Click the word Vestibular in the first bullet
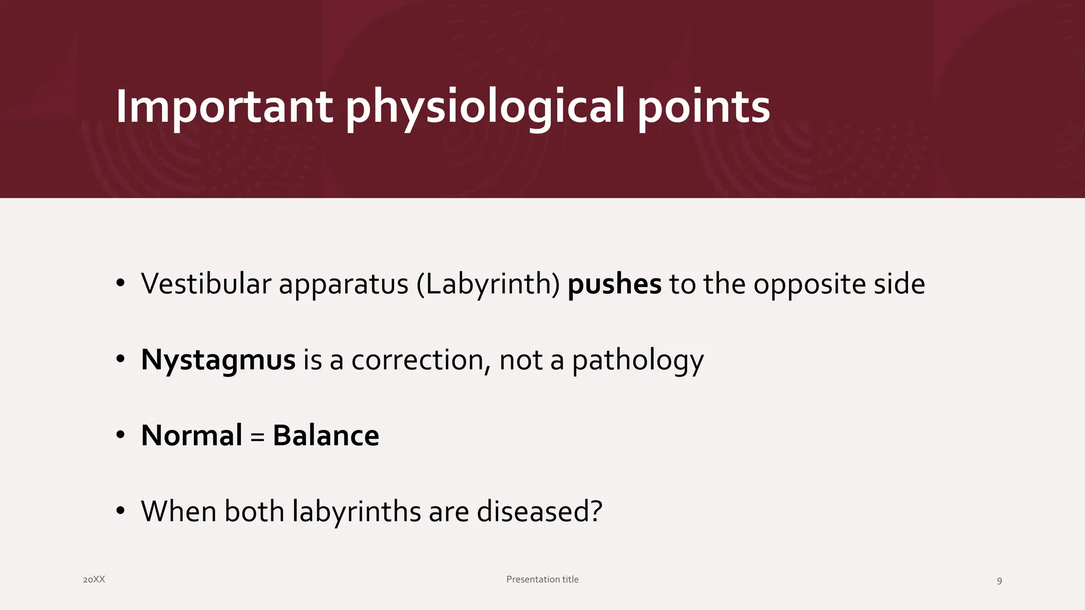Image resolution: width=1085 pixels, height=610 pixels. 206,284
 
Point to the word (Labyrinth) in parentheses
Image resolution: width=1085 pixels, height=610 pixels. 488,284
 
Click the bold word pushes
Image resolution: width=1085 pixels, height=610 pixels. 614,284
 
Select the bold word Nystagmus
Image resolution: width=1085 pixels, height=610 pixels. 218,360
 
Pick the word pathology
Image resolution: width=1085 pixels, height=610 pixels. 638,360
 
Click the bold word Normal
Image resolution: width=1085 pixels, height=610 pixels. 191,436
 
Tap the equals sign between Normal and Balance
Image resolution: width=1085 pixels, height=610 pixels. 257,437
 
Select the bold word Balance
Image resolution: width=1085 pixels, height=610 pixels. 326,436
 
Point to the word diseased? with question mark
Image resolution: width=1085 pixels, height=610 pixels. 539,512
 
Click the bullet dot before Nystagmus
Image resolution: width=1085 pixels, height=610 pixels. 120,360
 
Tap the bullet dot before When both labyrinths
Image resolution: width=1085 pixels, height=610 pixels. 120,511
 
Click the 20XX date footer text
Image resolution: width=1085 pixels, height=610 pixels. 94,580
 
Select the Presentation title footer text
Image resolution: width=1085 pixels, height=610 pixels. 542,579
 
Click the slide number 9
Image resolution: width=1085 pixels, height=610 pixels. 999,581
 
